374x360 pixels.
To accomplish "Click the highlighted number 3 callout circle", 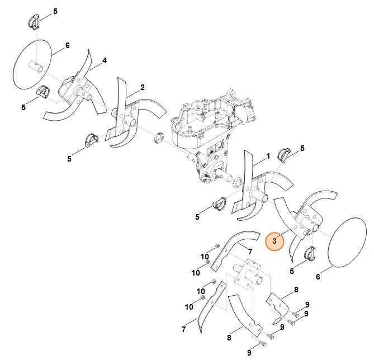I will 274,241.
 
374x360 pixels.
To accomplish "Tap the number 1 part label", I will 268,156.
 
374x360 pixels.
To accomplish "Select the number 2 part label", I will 143,87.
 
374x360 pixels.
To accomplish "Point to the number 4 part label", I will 104,60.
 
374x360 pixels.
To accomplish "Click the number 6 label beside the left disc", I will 68,45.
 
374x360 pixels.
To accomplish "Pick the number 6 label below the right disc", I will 318,277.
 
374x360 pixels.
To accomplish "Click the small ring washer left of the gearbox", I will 157,136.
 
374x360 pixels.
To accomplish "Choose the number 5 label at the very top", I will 55,11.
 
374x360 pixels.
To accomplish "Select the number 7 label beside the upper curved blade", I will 250,252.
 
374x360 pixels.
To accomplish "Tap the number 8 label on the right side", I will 296,289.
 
